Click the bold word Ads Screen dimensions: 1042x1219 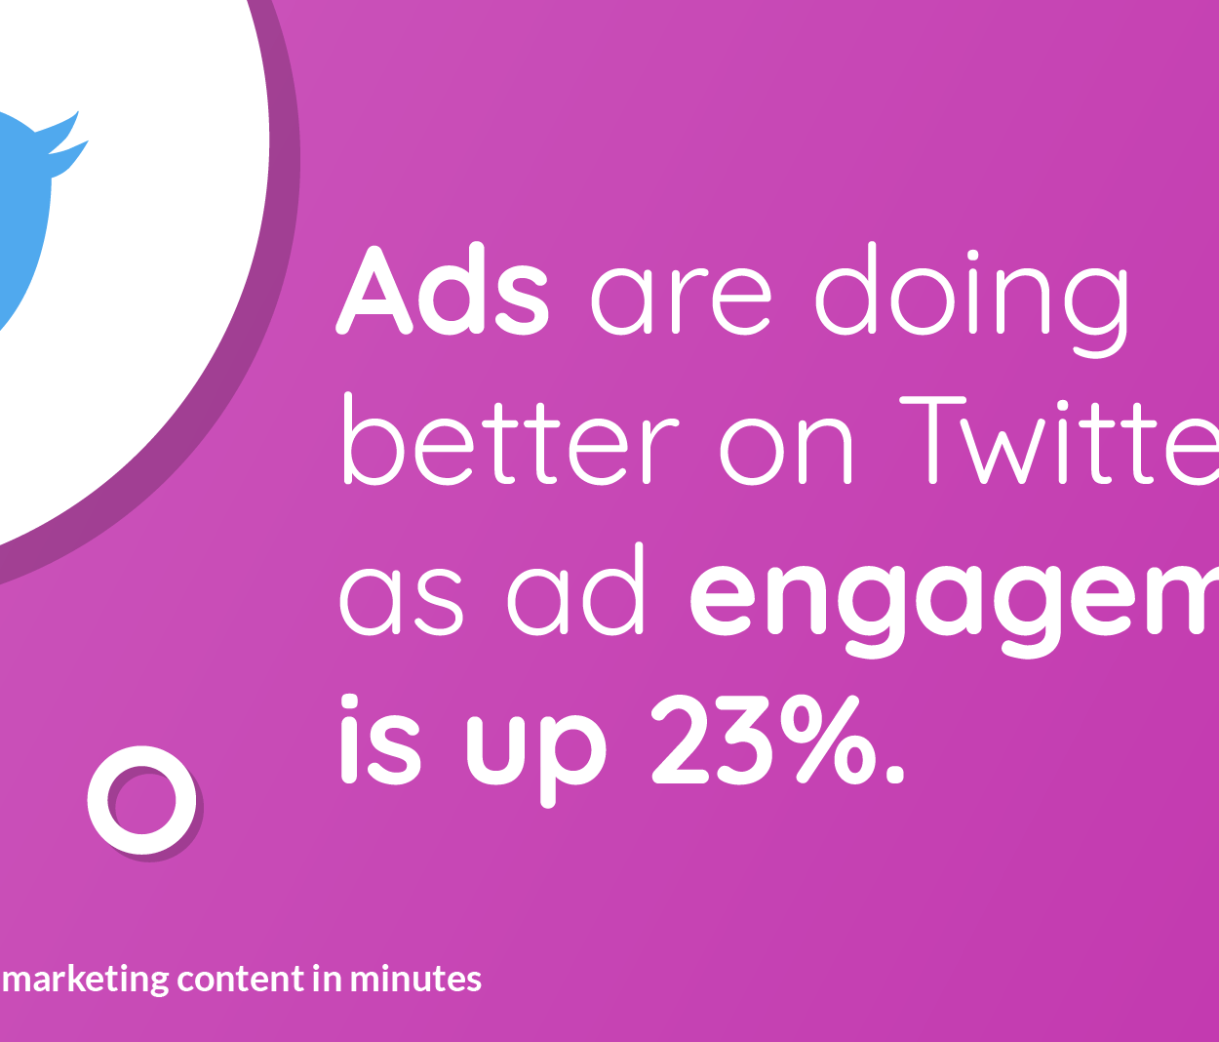pos(443,291)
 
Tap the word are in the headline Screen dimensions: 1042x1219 pos(681,298)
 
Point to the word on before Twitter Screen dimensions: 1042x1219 pos(786,451)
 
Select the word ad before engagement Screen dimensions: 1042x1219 pos(576,592)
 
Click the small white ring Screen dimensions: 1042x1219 pos(142,800)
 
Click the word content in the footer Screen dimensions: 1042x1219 pos(240,979)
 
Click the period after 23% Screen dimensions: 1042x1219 pos(892,777)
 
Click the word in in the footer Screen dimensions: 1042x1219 pos(326,979)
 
